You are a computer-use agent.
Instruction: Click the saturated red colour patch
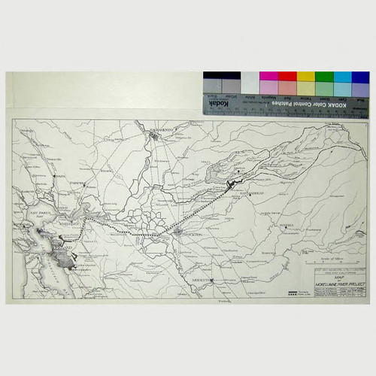[x=287, y=77]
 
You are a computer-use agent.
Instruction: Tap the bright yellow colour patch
[x=305, y=77]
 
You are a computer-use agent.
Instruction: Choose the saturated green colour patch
[x=324, y=77]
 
